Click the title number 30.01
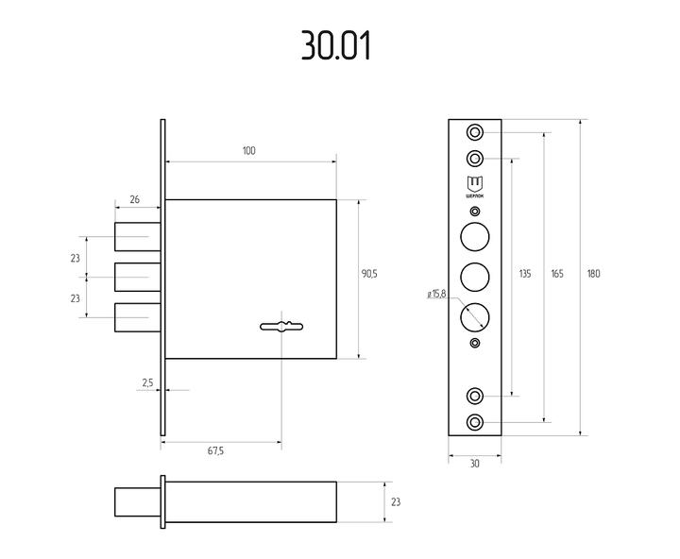[x=336, y=45]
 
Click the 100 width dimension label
[x=249, y=150]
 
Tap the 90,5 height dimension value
[x=369, y=274]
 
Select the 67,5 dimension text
[x=215, y=451]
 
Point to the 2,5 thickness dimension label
[x=148, y=383]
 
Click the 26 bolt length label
[x=135, y=199]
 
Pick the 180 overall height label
[x=594, y=274]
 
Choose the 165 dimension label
[x=557, y=274]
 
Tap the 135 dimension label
[x=525, y=274]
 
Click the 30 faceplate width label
[x=475, y=464]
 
